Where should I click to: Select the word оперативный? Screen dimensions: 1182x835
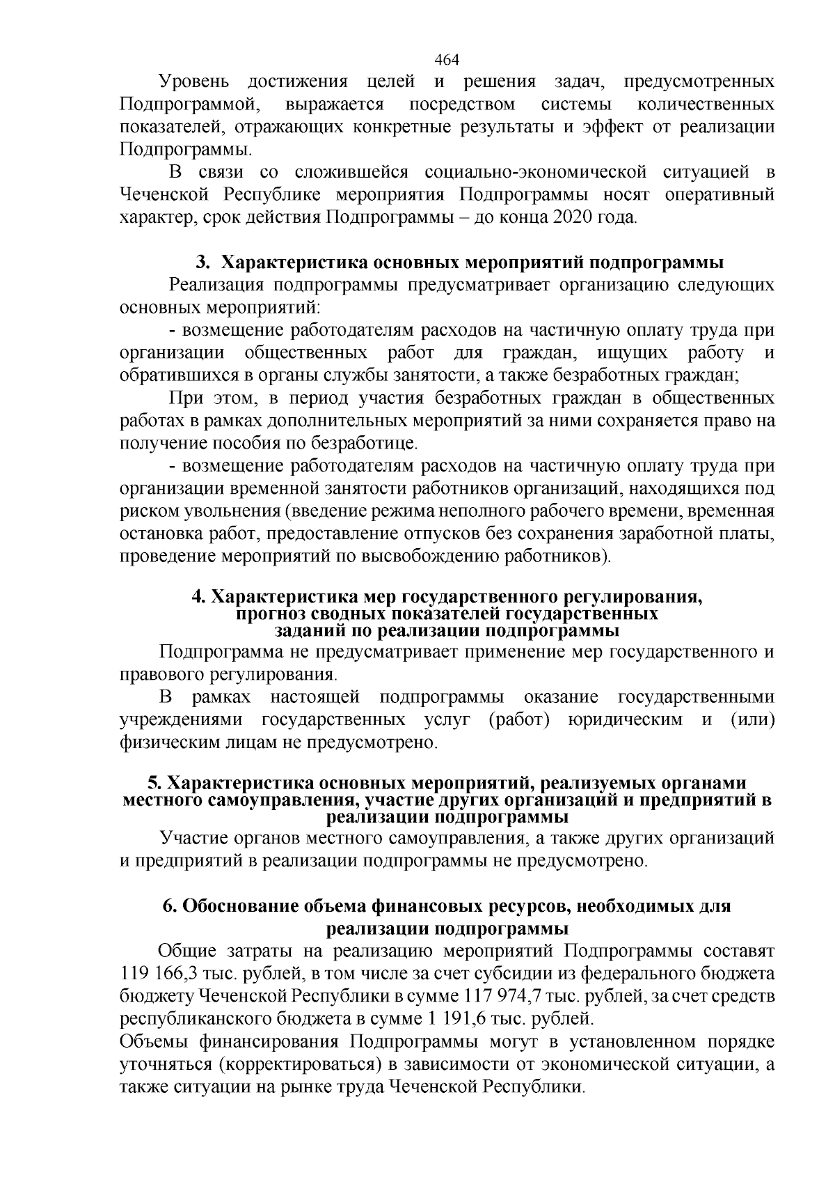pos(719,194)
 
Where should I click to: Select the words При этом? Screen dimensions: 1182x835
pos(213,398)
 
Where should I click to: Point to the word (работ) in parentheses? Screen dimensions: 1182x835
pos(518,720)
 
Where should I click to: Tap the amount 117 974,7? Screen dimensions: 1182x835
pos(498,995)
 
